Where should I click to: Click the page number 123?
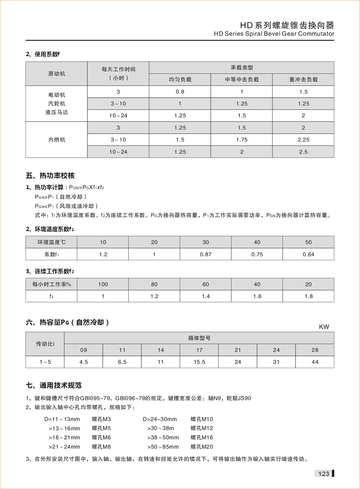(323, 474)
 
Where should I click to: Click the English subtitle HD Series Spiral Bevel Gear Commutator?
(274, 34)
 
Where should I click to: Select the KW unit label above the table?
(324, 327)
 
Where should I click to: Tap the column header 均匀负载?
(180, 80)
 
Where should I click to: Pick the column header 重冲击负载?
(303, 80)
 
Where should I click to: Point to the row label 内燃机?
(57, 140)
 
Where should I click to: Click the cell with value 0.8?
(180, 92)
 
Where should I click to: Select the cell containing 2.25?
(303, 140)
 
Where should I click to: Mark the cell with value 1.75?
(241, 140)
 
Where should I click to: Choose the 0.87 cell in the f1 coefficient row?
(205, 254)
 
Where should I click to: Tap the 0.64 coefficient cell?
(308, 254)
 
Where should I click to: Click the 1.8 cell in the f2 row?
(308, 296)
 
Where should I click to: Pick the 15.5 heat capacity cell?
(199, 362)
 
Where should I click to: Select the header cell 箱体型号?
(199, 338)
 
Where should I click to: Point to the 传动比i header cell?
(45, 344)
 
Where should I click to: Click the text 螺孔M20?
(202, 447)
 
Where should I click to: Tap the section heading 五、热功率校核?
(50, 176)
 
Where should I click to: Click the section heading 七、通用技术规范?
(54, 385)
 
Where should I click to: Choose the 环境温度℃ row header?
(51, 242)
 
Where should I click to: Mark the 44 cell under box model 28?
(315, 362)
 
